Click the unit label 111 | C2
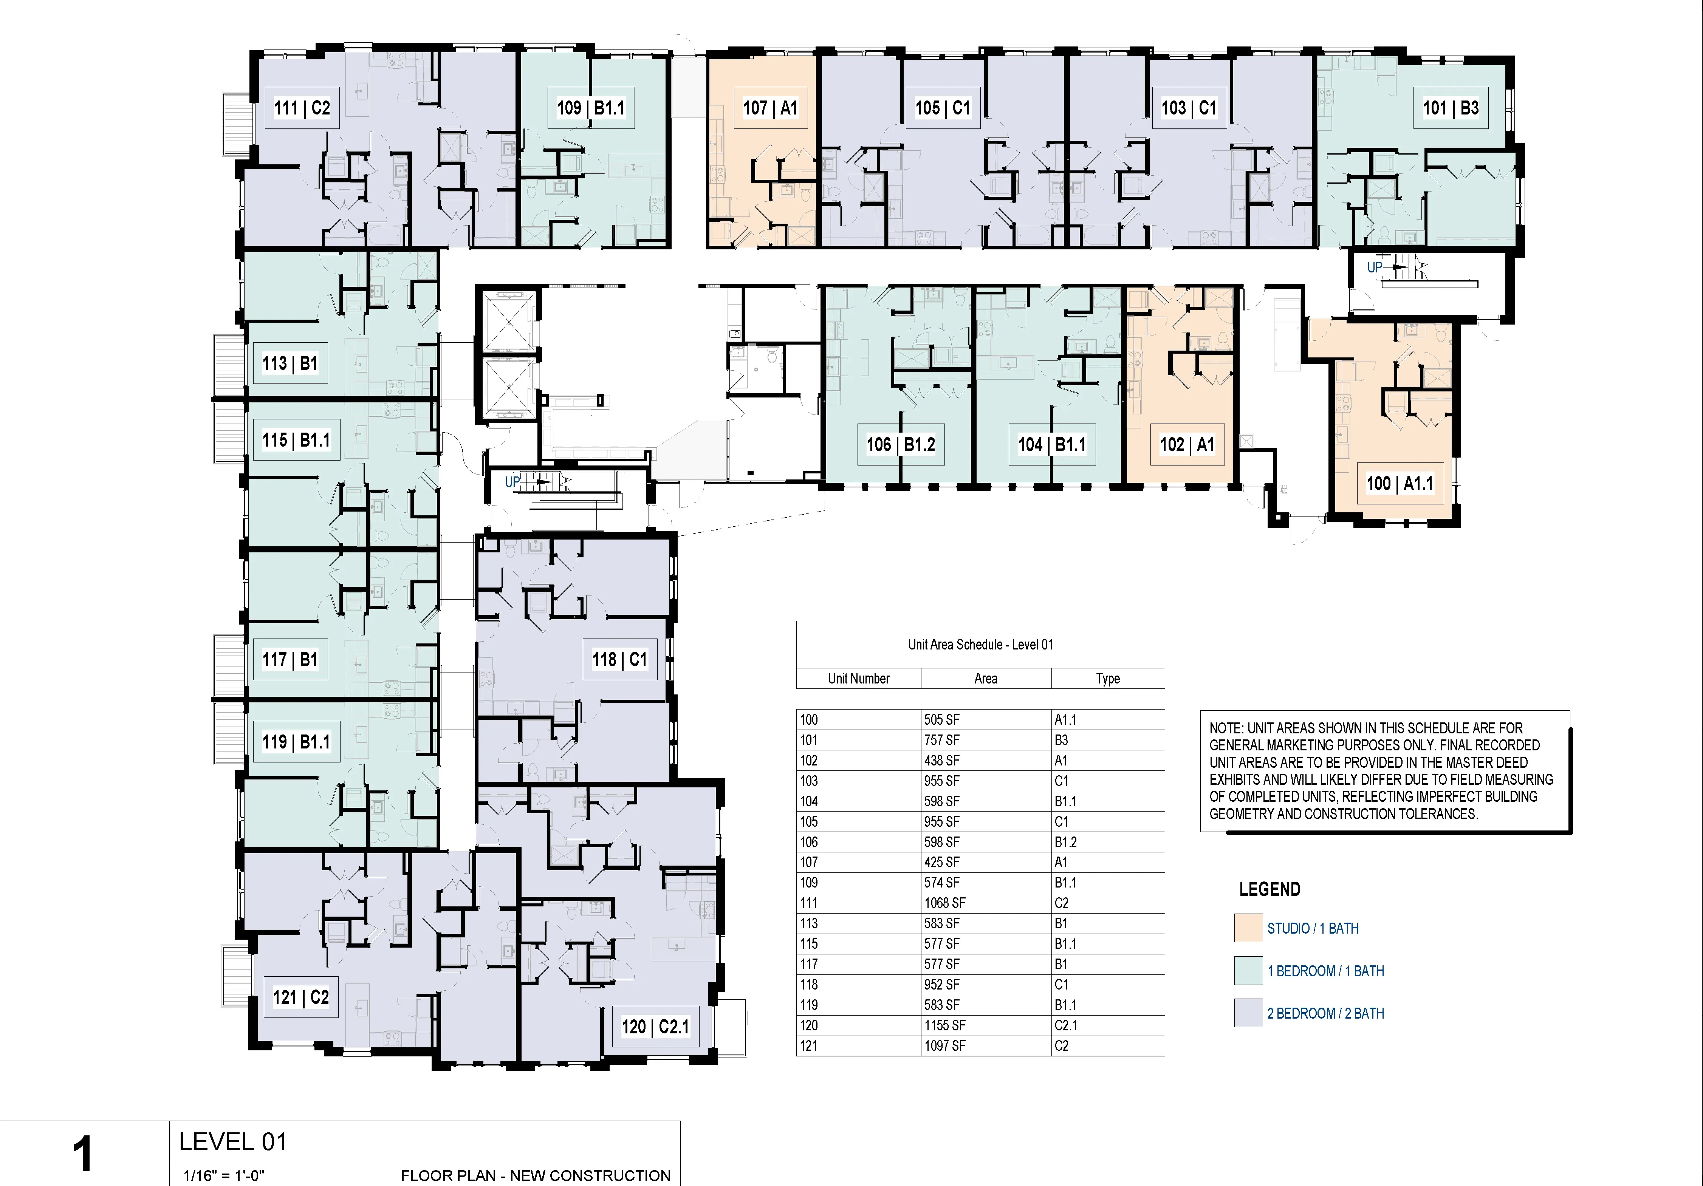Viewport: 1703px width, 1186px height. [x=302, y=108]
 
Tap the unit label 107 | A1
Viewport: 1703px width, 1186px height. [x=770, y=108]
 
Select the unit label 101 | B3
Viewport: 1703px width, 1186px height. [x=1450, y=108]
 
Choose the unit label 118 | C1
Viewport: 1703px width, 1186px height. [x=619, y=659]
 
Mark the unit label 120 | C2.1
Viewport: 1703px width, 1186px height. [x=655, y=1027]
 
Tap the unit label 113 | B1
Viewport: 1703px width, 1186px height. [x=289, y=363]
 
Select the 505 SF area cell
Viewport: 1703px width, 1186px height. [x=941, y=719]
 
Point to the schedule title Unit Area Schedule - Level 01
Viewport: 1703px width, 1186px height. [x=980, y=645]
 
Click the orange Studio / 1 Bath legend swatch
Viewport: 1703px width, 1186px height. [x=1248, y=928]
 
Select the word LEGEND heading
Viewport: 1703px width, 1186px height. [x=1269, y=889]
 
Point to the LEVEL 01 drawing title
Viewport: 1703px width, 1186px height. [x=233, y=1141]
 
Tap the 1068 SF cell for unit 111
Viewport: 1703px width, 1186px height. [x=944, y=903]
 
